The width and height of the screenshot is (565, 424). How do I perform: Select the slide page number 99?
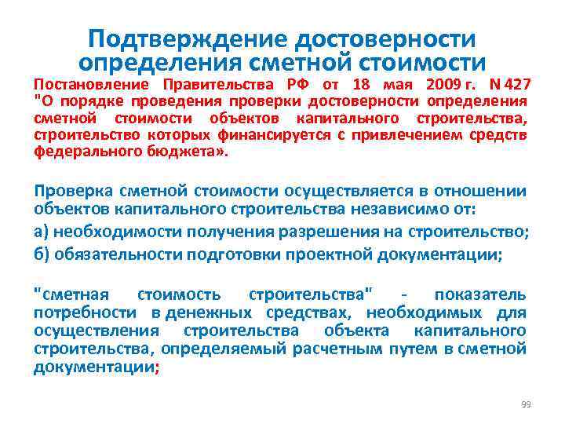pos(526,404)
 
